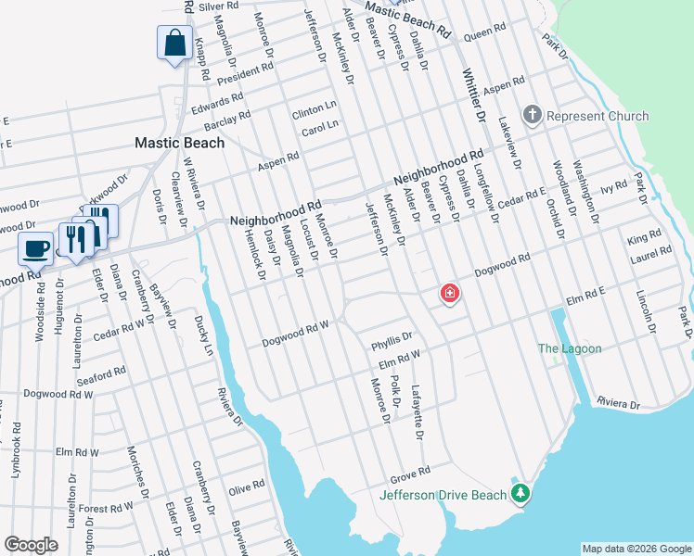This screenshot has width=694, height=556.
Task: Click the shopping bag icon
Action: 175,43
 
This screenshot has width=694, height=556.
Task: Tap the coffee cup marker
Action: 37,248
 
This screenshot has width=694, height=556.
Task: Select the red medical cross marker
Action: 450,295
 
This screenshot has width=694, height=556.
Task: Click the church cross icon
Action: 532,115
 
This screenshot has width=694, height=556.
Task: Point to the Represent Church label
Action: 598,116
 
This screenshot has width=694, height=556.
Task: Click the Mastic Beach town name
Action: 179,143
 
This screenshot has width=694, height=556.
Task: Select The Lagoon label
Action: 571,348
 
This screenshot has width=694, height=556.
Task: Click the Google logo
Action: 32,545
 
